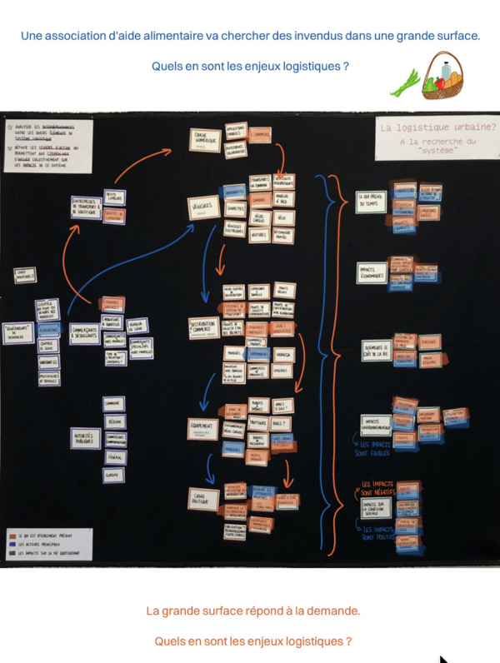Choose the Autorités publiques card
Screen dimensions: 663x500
tap(86, 438)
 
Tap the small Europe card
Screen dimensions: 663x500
tap(115, 474)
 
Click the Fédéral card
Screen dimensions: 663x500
tap(115, 456)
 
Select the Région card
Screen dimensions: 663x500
tap(115, 421)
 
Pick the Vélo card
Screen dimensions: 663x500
tap(260, 218)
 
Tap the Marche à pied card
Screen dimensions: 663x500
tap(282, 200)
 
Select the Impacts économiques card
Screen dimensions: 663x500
tap(372, 273)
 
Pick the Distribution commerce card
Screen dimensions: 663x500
tap(203, 326)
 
